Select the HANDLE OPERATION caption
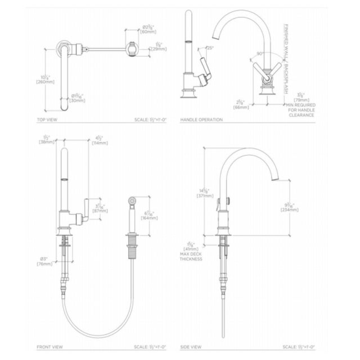201,120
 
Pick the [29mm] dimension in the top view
159,49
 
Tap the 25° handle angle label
210,48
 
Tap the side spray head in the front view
132,200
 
